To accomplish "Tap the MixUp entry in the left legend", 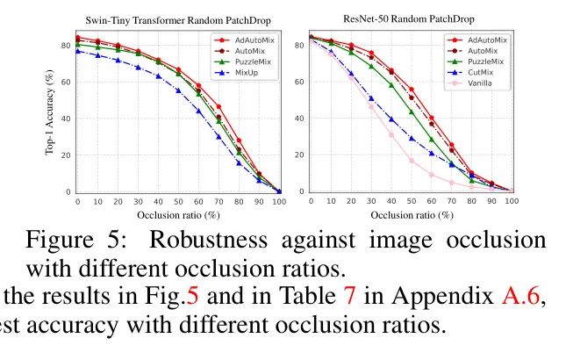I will [x=251, y=72].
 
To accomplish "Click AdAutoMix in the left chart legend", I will [x=256, y=40].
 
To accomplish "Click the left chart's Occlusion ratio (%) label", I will [x=178, y=213].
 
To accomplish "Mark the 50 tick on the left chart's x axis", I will [x=178, y=201].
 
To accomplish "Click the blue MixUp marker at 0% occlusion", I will [x=77, y=51].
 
